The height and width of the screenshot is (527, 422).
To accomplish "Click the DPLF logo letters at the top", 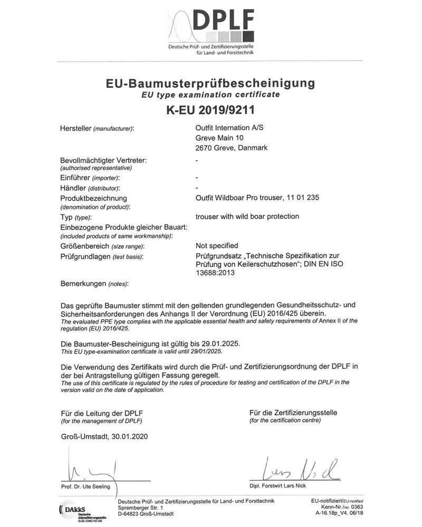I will [x=223, y=23].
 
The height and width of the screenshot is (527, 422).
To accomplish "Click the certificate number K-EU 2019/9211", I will [x=210, y=111].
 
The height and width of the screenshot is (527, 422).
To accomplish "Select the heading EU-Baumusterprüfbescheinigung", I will [x=210, y=83].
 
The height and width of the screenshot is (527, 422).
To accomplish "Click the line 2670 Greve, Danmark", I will [x=231, y=148].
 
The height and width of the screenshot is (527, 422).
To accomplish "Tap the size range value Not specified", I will [x=217, y=246].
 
